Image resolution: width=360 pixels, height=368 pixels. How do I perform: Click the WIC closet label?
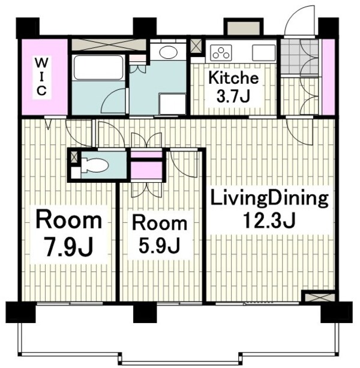click(41, 77)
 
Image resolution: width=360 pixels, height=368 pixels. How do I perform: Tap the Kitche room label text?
click(233, 77)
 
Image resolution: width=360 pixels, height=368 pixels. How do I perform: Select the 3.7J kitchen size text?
click(233, 96)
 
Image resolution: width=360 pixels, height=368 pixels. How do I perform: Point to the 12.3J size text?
click(269, 221)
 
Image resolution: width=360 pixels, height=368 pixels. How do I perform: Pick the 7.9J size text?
click(69, 247)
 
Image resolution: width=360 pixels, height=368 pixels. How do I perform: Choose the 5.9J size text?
click(160, 246)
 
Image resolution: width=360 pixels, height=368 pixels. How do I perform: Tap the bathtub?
click(98, 68)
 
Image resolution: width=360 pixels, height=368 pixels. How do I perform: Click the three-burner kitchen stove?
click(221, 52)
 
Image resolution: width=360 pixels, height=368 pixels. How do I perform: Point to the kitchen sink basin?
click(263, 52)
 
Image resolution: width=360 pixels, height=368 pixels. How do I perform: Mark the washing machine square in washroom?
click(172, 104)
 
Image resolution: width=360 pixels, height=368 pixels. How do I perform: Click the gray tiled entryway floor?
click(299, 56)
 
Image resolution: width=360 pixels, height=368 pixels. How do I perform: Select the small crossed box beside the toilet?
click(74, 157)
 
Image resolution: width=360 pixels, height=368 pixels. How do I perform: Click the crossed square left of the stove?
click(196, 46)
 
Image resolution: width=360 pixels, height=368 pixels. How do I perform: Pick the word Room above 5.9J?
click(160, 223)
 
